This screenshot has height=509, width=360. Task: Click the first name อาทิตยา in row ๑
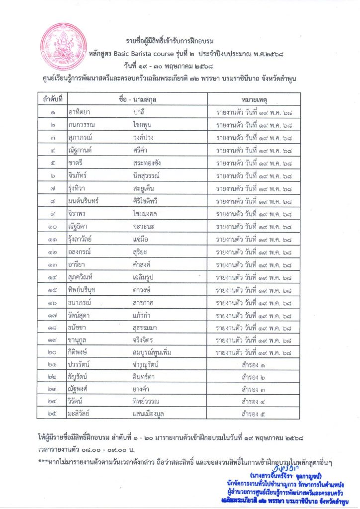click(81, 112)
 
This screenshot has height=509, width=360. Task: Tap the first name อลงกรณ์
click(83, 253)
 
